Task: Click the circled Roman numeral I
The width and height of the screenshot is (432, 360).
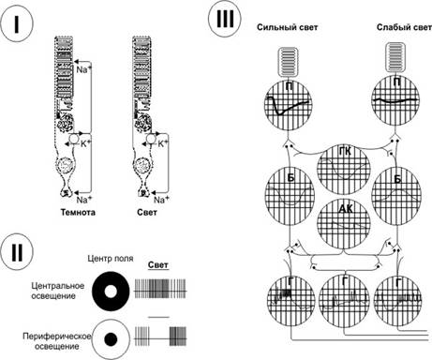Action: [x=17, y=25]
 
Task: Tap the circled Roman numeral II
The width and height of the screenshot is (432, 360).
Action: [x=17, y=252]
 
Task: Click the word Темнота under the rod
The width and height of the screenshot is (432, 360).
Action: [x=78, y=213]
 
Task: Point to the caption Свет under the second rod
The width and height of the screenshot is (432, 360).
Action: [x=147, y=213]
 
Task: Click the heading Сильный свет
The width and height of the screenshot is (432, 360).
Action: [x=288, y=27]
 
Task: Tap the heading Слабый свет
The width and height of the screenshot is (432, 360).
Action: [x=404, y=27]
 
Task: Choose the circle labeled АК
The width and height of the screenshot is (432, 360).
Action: [x=344, y=223]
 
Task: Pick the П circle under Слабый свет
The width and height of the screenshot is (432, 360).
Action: [x=395, y=100]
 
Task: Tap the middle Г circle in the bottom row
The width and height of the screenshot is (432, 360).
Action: [x=345, y=300]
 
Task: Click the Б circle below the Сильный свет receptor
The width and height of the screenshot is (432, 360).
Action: [x=290, y=196]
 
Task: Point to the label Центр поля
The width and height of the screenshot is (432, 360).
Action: [x=111, y=259]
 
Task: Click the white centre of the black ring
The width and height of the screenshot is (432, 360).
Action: [x=111, y=292]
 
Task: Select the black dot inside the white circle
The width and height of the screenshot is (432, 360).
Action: [x=111, y=339]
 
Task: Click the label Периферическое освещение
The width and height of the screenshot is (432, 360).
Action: [x=57, y=341]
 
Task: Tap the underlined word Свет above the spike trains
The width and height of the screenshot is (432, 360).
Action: [x=158, y=265]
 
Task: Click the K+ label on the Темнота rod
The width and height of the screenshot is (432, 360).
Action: [x=86, y=143]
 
